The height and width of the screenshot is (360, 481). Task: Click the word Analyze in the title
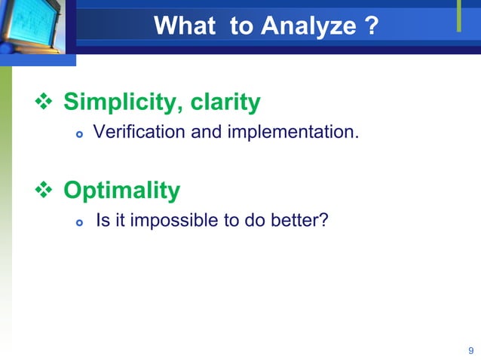point(308,27)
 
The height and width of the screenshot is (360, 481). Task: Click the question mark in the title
point(370,27)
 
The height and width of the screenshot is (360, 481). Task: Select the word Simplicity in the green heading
point(118,102)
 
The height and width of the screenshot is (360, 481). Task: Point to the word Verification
point(129,133)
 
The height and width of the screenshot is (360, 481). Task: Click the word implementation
point(297,133)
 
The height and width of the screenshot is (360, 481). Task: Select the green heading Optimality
point(121,191)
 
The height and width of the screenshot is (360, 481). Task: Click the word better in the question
point(301,222)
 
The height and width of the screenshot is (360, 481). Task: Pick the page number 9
point(470,350)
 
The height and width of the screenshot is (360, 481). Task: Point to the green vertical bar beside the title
point(458,17)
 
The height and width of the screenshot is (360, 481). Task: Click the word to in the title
point(242,27)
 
